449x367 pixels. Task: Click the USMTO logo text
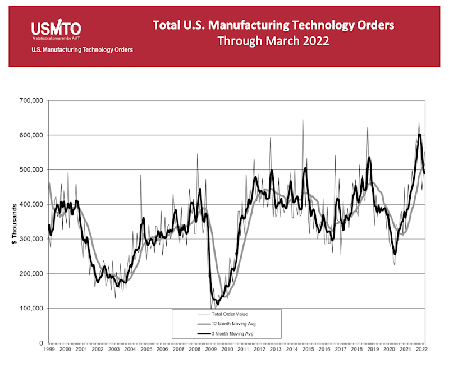click(56, 27)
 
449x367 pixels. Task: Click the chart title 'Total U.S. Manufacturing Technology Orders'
click(273, 25)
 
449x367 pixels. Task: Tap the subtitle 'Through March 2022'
click(273, 41)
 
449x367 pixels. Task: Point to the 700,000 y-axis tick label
click(31, 101)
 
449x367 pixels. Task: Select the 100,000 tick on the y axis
click(31, 309)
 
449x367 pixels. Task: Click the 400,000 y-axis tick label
click(31, 205)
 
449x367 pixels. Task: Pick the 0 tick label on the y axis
click(42, 343)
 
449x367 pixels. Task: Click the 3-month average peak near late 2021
click(419, 135)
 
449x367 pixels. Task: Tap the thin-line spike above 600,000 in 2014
click(303, 121)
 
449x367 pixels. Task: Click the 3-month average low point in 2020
click(395, 254)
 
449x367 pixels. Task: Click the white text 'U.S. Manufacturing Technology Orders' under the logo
click(82, 50)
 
